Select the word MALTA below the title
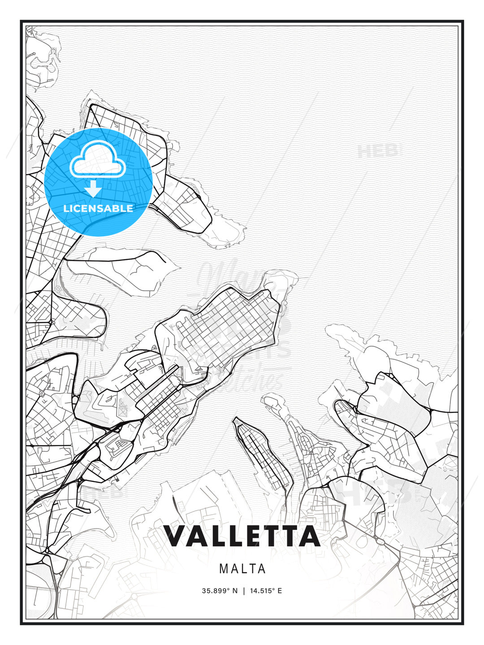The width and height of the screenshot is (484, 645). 242,569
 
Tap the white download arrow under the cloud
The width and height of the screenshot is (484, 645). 93,188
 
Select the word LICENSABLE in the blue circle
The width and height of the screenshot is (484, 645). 98,208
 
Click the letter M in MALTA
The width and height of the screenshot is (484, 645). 224,569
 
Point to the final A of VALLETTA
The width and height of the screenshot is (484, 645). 309,536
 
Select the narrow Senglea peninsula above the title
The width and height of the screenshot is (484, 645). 262,452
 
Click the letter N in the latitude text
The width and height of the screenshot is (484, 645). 235,591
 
